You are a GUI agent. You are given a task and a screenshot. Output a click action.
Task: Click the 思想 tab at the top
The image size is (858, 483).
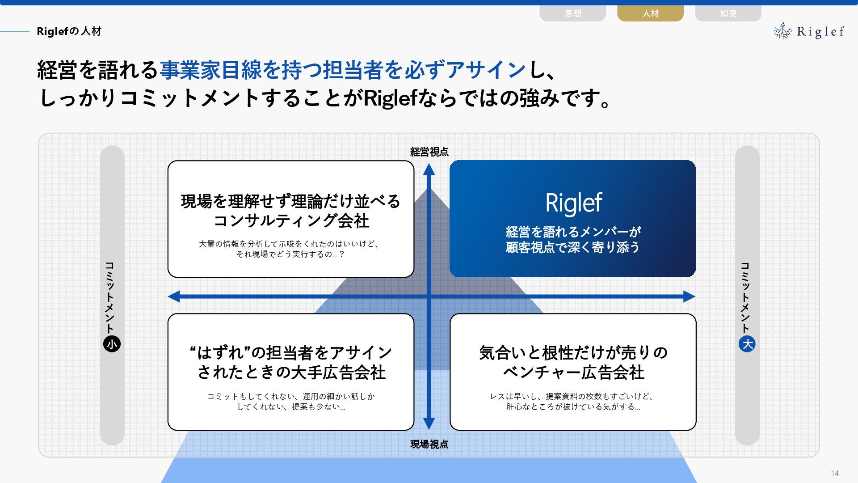point(572,13)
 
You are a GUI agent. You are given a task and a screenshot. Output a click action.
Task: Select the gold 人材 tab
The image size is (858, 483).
point(650,13)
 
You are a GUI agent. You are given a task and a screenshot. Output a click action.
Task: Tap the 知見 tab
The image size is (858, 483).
point(728,13)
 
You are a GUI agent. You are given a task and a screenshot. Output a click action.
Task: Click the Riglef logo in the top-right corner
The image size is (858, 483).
point(809,31)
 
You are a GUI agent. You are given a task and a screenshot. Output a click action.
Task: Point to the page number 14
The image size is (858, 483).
point(835,473)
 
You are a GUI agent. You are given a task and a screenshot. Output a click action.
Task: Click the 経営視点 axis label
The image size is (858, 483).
point(429,152)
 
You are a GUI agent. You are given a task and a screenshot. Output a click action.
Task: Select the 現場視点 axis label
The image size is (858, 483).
point(429,444)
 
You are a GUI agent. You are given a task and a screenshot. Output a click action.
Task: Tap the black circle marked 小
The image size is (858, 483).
point(112,344)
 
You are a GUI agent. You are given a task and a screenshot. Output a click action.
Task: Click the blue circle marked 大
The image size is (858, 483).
point(747,344)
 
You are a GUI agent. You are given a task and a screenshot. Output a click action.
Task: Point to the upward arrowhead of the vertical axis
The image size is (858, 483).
point(429,169)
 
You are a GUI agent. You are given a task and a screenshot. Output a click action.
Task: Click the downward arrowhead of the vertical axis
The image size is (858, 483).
point(429,423)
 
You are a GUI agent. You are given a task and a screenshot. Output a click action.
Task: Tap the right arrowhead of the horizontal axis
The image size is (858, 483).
point(689,296)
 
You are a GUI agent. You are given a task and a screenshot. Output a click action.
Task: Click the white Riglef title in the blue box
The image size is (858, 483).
point(573,203)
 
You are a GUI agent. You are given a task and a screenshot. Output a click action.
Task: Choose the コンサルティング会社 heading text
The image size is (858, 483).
point(291,221)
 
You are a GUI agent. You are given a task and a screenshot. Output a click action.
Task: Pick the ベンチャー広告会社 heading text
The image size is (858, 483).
point(573,373)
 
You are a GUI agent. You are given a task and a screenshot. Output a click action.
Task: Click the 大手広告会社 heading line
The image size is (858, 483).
point(291,373)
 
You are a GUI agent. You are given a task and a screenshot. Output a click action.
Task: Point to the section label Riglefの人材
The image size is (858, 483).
point(69,31)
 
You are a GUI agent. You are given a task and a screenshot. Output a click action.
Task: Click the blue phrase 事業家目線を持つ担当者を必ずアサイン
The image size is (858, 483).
point(342,70)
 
